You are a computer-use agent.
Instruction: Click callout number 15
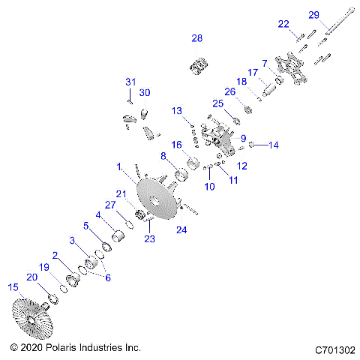(11, 286)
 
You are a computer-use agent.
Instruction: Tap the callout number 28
(196, 37)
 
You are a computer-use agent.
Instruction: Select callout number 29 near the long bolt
(313, 15)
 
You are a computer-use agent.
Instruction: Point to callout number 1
(118, 165)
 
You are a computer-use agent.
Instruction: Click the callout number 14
(273, 145)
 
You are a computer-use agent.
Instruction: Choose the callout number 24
(182, 230)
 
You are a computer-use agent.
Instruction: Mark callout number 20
(32, 277)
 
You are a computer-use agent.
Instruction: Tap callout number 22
(283, 24)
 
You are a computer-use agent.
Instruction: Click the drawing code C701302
(335, 349)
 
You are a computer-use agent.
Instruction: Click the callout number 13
(176, 110)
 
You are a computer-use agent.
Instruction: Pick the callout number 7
(263, 62)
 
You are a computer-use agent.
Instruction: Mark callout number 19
(44, 266)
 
